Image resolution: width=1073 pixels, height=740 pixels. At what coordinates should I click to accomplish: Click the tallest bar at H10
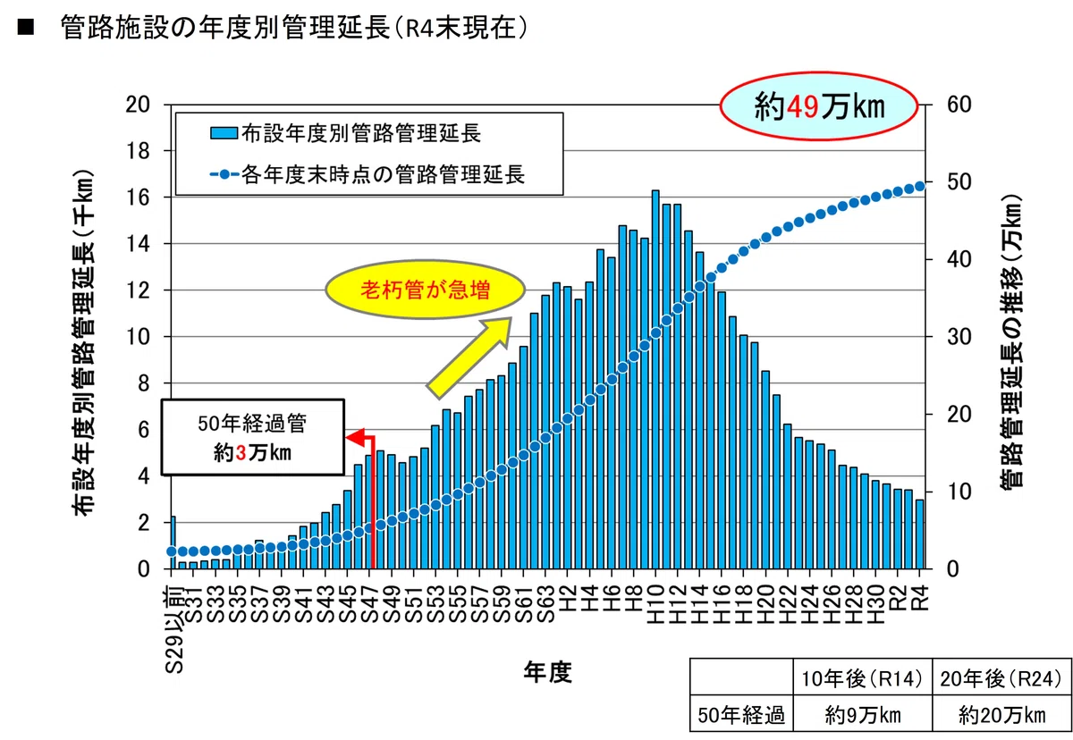click(655, 380)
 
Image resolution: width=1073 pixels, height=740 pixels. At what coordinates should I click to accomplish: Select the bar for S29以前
click(173, 542)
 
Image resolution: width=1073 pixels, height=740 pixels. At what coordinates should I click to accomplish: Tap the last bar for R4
click(920, 534)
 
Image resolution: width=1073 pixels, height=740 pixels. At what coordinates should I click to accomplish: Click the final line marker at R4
click(920, 186)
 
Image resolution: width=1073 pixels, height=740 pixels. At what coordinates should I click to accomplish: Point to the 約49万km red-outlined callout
click(819, 106)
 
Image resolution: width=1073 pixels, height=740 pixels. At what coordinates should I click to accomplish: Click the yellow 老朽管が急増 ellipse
click(426, 290)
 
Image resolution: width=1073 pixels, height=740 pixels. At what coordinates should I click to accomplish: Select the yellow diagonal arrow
click(469, 357)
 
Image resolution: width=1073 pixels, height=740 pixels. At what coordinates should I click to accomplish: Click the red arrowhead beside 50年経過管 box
click(354, 438)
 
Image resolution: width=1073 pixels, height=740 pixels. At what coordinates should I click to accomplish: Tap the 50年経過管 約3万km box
click(253, 437)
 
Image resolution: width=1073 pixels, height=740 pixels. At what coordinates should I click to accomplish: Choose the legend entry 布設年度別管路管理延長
click(345, 133)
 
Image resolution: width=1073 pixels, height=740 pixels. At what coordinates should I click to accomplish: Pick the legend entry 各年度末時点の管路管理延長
click(368, 174)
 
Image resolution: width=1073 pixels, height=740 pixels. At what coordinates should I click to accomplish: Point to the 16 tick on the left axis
click(138, 198)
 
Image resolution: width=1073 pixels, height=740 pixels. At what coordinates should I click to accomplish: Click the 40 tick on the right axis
click(959, 259)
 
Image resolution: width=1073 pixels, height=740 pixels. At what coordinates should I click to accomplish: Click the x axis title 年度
click(547, 672)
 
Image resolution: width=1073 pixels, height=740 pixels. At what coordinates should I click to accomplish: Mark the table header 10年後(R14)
click(862, 678)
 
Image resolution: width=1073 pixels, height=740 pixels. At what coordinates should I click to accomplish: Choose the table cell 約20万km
click(1001, 715)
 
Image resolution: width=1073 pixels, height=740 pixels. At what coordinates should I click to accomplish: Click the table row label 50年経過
click(741, 715)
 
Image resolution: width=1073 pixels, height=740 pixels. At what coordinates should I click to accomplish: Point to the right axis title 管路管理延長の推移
click(1010, 341)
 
